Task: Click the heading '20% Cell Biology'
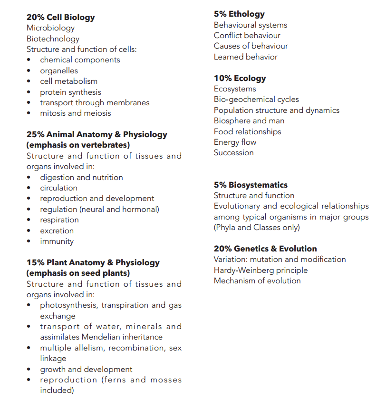(60, 18)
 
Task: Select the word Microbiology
(50, 28)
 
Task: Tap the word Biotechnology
(53, 39)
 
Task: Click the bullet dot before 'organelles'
(29, 71)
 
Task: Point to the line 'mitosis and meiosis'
(75, 113)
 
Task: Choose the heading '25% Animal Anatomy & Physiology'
(97, 135)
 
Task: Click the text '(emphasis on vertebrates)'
(78, 145)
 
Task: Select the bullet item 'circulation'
(58, 188)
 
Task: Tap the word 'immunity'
(57, 241)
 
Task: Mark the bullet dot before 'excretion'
(29, 231)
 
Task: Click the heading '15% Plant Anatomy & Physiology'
(93, 263)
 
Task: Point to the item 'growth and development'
(86, 369)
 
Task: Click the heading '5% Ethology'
(239, 14)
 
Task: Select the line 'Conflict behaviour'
(247, 36)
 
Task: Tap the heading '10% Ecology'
(240, 79)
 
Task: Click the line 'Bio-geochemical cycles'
(256, 100)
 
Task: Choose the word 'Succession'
(233, 153)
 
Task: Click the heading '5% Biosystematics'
(251, 185)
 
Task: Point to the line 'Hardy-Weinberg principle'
(261, 271)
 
